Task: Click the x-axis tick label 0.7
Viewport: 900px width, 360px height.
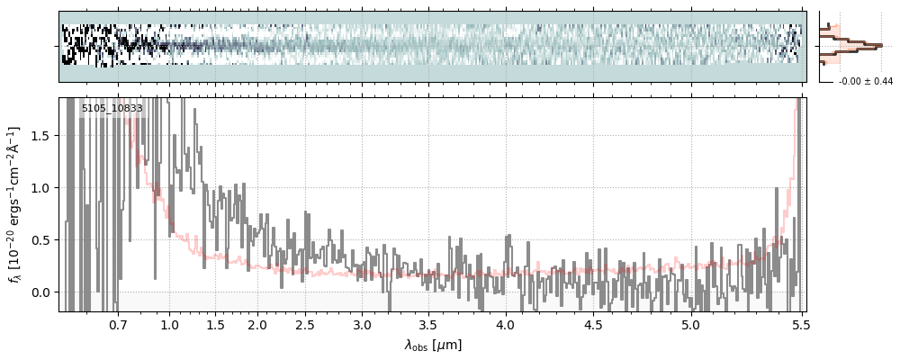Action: point(118,324)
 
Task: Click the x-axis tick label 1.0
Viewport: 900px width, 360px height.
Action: point(170,324)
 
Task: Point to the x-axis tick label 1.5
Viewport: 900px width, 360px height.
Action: point(216,324)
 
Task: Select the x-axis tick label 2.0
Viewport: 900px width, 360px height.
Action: point(257,324)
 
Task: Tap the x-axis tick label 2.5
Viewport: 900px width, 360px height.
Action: point(305,324)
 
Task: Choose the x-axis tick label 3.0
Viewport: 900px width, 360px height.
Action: point(362,324)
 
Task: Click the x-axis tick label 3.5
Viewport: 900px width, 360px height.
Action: point(430,324)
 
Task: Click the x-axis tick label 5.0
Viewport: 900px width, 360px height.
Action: point(690,324)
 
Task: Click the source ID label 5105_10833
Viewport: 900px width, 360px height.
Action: point(112,109)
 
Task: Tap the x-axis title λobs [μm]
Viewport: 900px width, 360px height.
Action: point(433,345)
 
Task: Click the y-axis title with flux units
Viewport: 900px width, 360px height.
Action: point(15,204)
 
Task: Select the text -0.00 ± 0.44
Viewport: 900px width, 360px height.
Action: point(865,82)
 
